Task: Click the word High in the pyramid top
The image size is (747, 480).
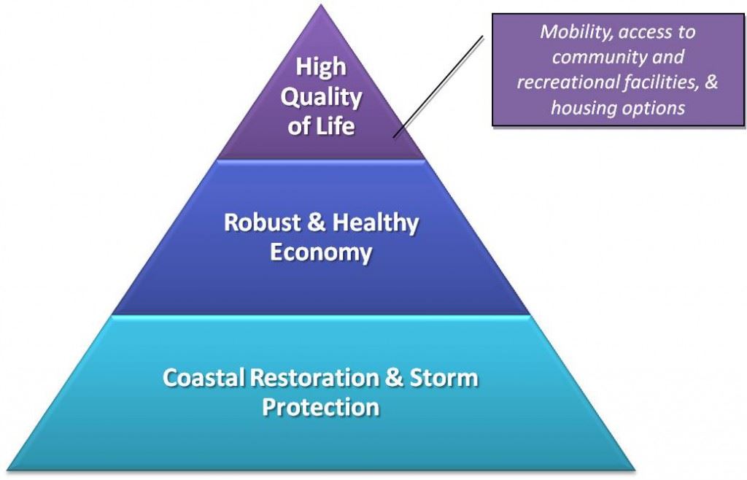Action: point(321,66)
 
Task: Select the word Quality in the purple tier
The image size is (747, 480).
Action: point(322,96)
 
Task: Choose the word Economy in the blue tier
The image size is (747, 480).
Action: point(321,252)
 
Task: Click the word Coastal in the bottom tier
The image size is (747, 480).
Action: point(204,378)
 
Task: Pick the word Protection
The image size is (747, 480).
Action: point(321,406)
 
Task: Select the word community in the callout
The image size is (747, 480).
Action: point(585,57)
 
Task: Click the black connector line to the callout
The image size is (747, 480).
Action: point(438,86)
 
